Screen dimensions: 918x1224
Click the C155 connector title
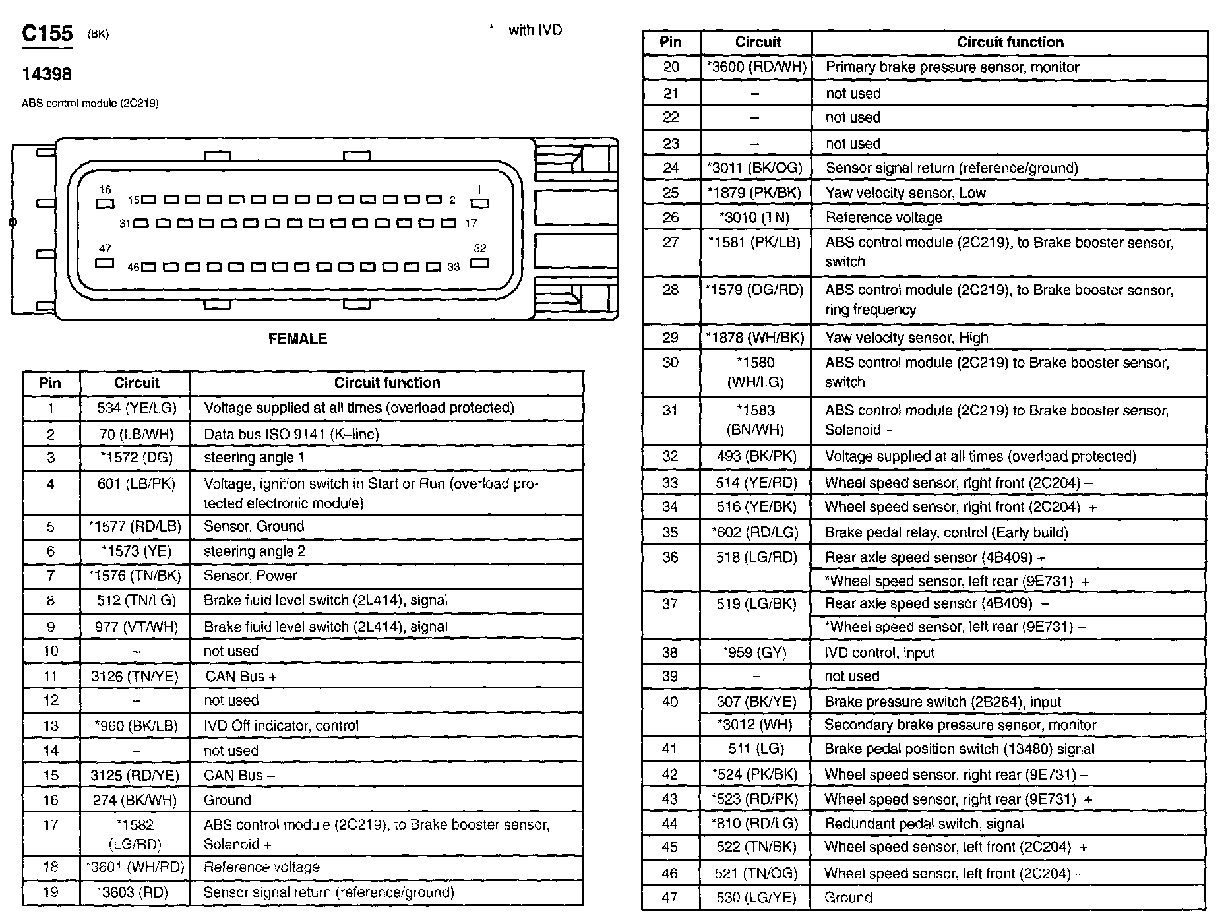(x=47, y=34)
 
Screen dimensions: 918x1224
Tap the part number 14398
(x=47, y=75)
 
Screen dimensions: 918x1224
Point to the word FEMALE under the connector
(x=297, y=339)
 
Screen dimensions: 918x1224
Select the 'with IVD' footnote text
(x=535, y=30)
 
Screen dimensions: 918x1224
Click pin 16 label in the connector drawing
(x=105, y=190)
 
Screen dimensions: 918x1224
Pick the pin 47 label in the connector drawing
(x=105, y=249)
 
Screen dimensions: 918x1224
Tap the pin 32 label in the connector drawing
(x=479, y=249)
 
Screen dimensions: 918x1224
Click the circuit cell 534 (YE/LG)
(x=137, y=408)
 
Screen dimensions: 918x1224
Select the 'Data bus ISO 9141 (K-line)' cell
(x=291, y=434)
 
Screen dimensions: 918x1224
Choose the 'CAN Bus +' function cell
(x=241, y=677)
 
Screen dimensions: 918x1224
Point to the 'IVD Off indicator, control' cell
(x=281, y=726)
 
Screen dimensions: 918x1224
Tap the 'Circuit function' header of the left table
(x=386, y=383)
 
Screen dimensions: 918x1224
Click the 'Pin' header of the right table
(x=670, y=42)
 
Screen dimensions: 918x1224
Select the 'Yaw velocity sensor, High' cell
(x=907, y=338)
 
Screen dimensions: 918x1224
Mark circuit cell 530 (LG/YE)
(x=756, y=898)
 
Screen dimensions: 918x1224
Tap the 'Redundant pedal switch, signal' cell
(x=924, y=824)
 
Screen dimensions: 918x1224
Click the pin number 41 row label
(x=670, y=749)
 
